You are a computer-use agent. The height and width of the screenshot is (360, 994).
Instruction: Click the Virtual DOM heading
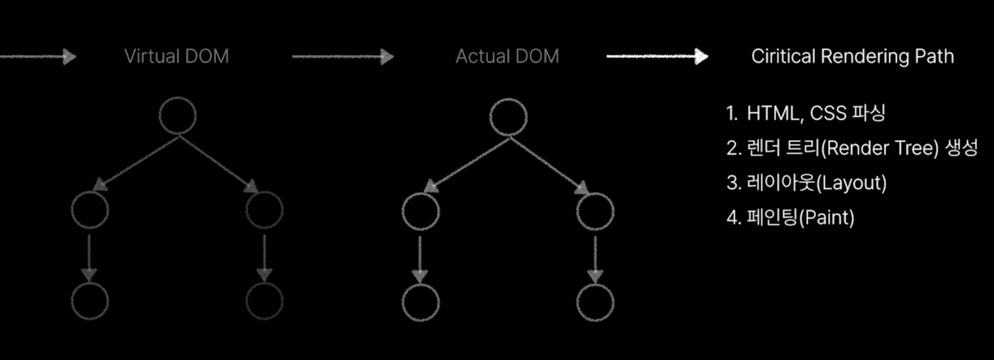(x=176, y=56)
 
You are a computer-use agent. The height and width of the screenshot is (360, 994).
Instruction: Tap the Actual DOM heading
(x=507, y=56)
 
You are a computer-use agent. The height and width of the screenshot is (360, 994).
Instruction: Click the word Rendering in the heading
(x=865, y=56)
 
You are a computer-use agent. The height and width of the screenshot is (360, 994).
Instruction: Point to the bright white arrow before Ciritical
(x=657, y=56)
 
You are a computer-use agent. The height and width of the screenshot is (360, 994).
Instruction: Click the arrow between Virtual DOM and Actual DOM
(x=343, y=57)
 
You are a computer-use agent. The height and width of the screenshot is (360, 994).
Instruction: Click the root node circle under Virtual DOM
(x=178, y=116)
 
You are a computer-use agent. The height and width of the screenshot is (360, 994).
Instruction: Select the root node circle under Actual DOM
(x=508, y=117)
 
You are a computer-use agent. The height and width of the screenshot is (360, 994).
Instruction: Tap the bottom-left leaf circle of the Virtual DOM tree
(x=90, y=301)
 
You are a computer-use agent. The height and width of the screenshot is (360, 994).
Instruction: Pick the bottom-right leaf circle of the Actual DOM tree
(x=596, y=303)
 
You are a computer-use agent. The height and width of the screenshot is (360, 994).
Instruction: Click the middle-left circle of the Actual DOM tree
(x=421, y=211)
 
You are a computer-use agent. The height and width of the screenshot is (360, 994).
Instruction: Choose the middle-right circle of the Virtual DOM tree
(x=264, y=210)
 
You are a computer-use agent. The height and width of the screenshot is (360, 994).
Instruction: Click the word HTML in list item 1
(x=772, y=114)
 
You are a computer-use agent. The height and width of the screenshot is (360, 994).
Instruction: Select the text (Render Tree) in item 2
(x=879, y=148)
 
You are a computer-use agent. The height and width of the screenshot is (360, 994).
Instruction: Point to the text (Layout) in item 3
(x=851, y=183)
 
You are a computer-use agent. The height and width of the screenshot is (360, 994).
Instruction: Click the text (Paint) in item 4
(x=826, y=218)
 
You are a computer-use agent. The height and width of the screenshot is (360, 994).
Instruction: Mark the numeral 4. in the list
(x=734, y=218)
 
